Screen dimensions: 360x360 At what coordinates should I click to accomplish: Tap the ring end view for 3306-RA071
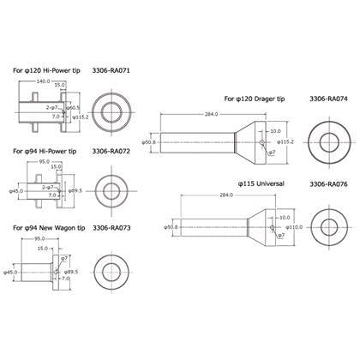111,111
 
